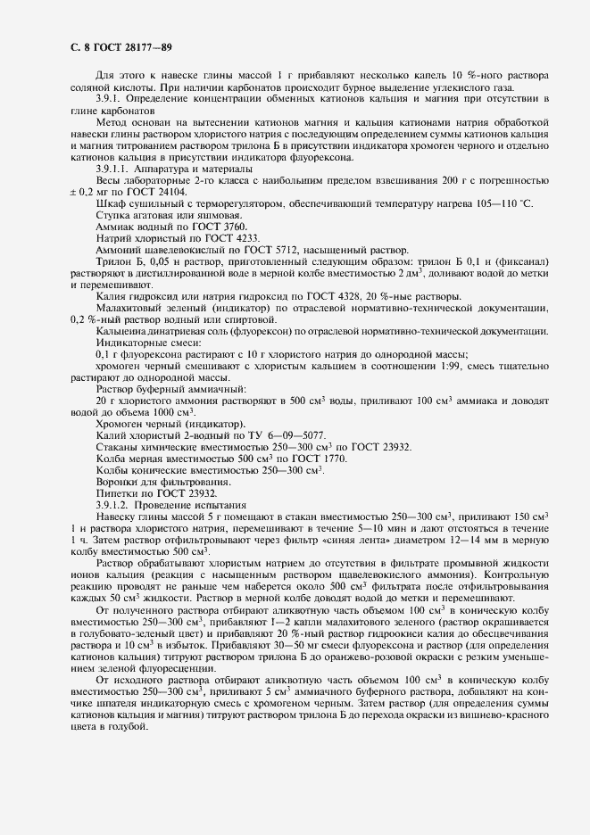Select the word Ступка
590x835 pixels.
click(113, 215)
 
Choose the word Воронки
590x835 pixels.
click(118, 482)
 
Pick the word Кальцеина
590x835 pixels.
click(124, 331)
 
